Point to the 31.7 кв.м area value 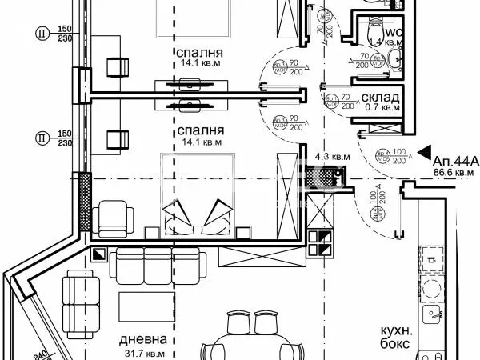point(145,353)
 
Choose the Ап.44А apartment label point(455,160)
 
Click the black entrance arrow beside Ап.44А point(425,158)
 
